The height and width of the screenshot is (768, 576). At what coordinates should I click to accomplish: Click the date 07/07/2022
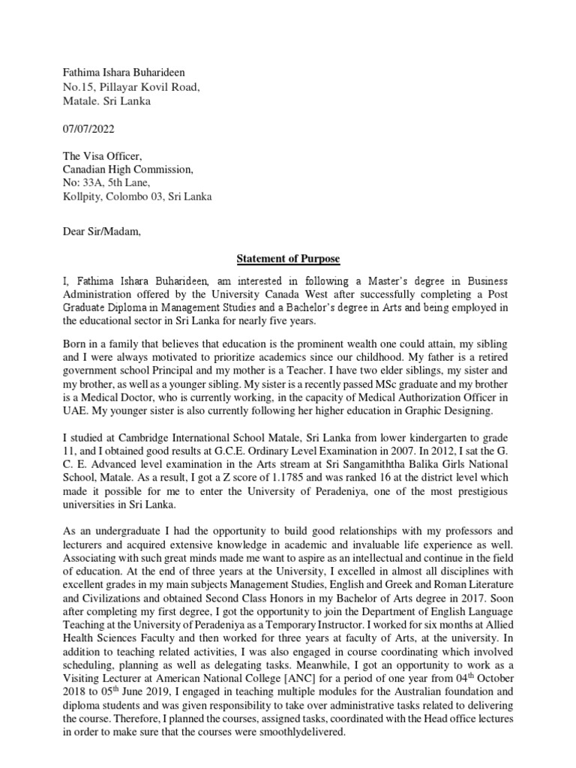tap(88, 129)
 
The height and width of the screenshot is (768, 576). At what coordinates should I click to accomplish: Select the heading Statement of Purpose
tap(288, 259)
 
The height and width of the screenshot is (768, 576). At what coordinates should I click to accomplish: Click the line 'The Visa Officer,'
tap(101, 156)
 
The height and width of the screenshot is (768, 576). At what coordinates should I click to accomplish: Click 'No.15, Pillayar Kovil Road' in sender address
tap(131, 87)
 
